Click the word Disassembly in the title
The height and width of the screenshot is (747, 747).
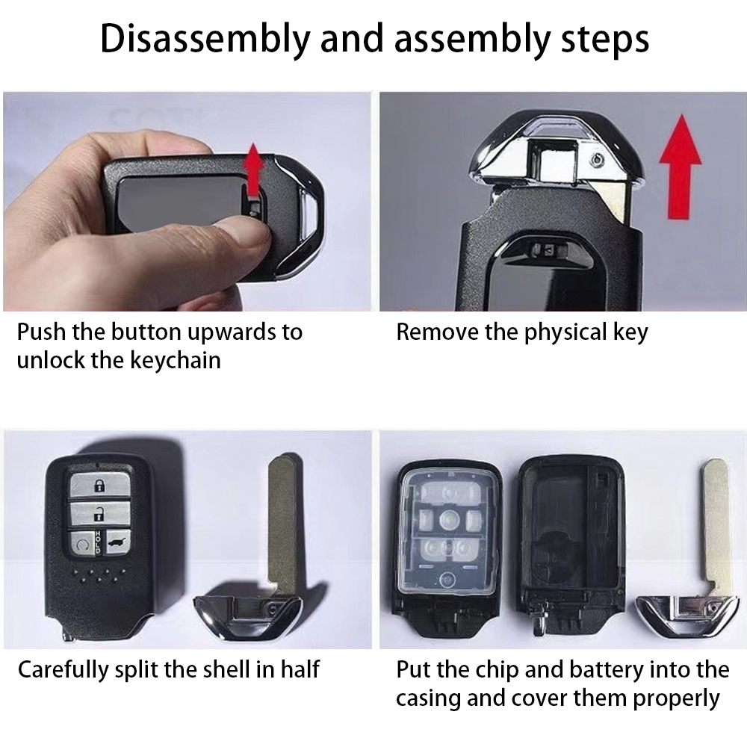(x=205, y=39)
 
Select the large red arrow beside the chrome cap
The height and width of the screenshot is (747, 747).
(x=680, y=167)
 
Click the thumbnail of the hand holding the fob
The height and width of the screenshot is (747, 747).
(x=187, y=202)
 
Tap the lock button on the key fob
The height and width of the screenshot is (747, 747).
(x=99, y=486)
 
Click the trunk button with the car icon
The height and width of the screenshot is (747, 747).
(x=117, y=542)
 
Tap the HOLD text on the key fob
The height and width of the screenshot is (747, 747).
(x=98, y=542)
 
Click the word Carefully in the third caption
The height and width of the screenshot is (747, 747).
(x=63, y=670)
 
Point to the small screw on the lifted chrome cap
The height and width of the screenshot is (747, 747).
(x=596, y=161)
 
